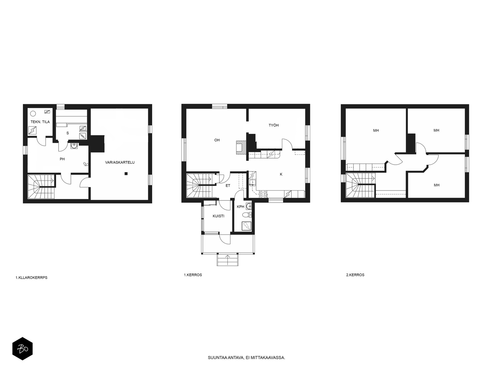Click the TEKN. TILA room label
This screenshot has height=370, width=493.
(x=40, y=122)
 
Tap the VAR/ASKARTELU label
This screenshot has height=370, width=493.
(x=120, y=162)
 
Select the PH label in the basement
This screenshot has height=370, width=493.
(x=62, y=159)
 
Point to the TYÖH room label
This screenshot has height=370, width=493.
(x=274, y=125)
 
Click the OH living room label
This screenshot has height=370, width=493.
(x=217, y=140)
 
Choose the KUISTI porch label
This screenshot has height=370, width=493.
(x=218, y=216)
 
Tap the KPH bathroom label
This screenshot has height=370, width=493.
(x=240, y=207)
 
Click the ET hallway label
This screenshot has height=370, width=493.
(x=228, y=186)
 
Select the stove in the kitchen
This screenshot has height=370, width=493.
(x=263, y=194)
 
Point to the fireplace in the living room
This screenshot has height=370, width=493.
(x=241, y=147)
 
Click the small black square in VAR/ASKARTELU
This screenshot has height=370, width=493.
(x=126, y=173)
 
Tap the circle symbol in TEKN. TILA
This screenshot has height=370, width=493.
(x=33, y=113)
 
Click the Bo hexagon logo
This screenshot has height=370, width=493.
(x=22, y=349)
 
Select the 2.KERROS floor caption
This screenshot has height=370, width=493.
(x=355, y=275)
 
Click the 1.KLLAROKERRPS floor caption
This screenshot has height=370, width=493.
(x=31, y=278)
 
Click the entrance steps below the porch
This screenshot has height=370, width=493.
(x=227, y=260)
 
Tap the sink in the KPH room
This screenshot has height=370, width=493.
(x=249, y=206)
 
